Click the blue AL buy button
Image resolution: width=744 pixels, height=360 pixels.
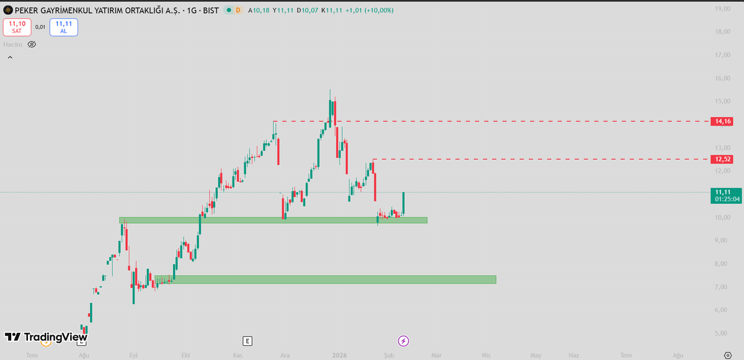tap(63, 27)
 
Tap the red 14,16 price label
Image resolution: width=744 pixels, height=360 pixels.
tap(724, 121)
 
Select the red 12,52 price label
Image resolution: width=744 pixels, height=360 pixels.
tap(724, 159)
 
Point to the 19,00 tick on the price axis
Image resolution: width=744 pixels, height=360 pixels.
tap(721, 9)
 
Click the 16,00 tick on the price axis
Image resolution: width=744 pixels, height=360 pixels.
tap(721, 79)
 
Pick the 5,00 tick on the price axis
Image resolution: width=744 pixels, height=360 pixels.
tap(721, 333)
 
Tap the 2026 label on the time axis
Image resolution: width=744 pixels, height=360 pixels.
tap(339, 355)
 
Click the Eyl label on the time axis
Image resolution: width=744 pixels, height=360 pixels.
tap(133, 355)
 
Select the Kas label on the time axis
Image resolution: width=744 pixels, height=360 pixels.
tap(237, 355)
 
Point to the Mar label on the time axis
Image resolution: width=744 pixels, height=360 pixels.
tap(436, 355)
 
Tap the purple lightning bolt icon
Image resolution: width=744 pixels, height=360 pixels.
tap(404, 341)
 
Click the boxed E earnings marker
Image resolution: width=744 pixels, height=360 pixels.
tap(247, 341)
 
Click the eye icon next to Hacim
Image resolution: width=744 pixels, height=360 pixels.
tap(32, 45)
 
